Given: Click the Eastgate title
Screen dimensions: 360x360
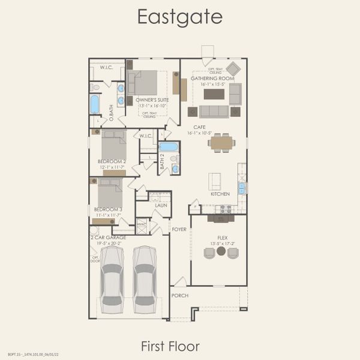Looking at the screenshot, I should click(179, 17).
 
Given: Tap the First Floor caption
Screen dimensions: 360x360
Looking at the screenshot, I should click(170, 346).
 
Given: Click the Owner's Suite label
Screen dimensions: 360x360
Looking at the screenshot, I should click(152, 100).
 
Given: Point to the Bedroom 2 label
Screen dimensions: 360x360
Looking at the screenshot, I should click(112, 161).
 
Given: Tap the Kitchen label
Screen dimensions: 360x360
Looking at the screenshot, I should click(220, 194).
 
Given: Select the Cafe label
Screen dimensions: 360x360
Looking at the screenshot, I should click(200, 127).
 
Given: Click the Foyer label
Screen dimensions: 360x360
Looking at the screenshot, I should click(179, 229).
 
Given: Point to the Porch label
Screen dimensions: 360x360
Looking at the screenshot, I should click(180, 296).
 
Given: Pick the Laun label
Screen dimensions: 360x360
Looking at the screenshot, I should click(160, 205).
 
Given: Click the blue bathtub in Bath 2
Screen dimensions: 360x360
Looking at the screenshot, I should click(169, 146).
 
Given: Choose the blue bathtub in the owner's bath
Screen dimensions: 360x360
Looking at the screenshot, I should click(95, 104).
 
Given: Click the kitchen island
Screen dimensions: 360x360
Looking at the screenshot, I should click(214, 181).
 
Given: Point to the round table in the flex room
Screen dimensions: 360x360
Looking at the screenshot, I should click(221, 251).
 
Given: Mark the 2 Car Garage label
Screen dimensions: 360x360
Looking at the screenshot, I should click(108, 238).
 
